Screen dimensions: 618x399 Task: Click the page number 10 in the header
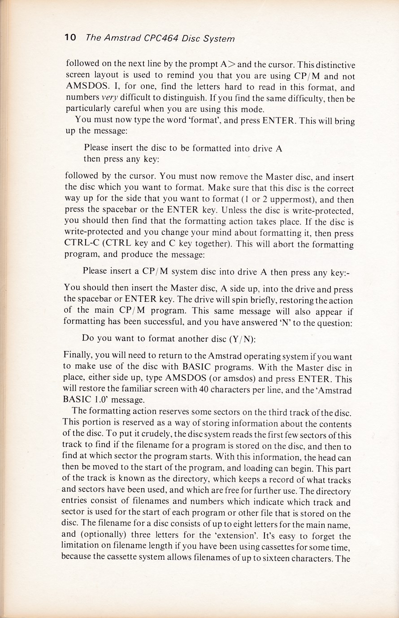70,38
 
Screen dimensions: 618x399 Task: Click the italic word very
109,98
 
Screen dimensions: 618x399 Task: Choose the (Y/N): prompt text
241,339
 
